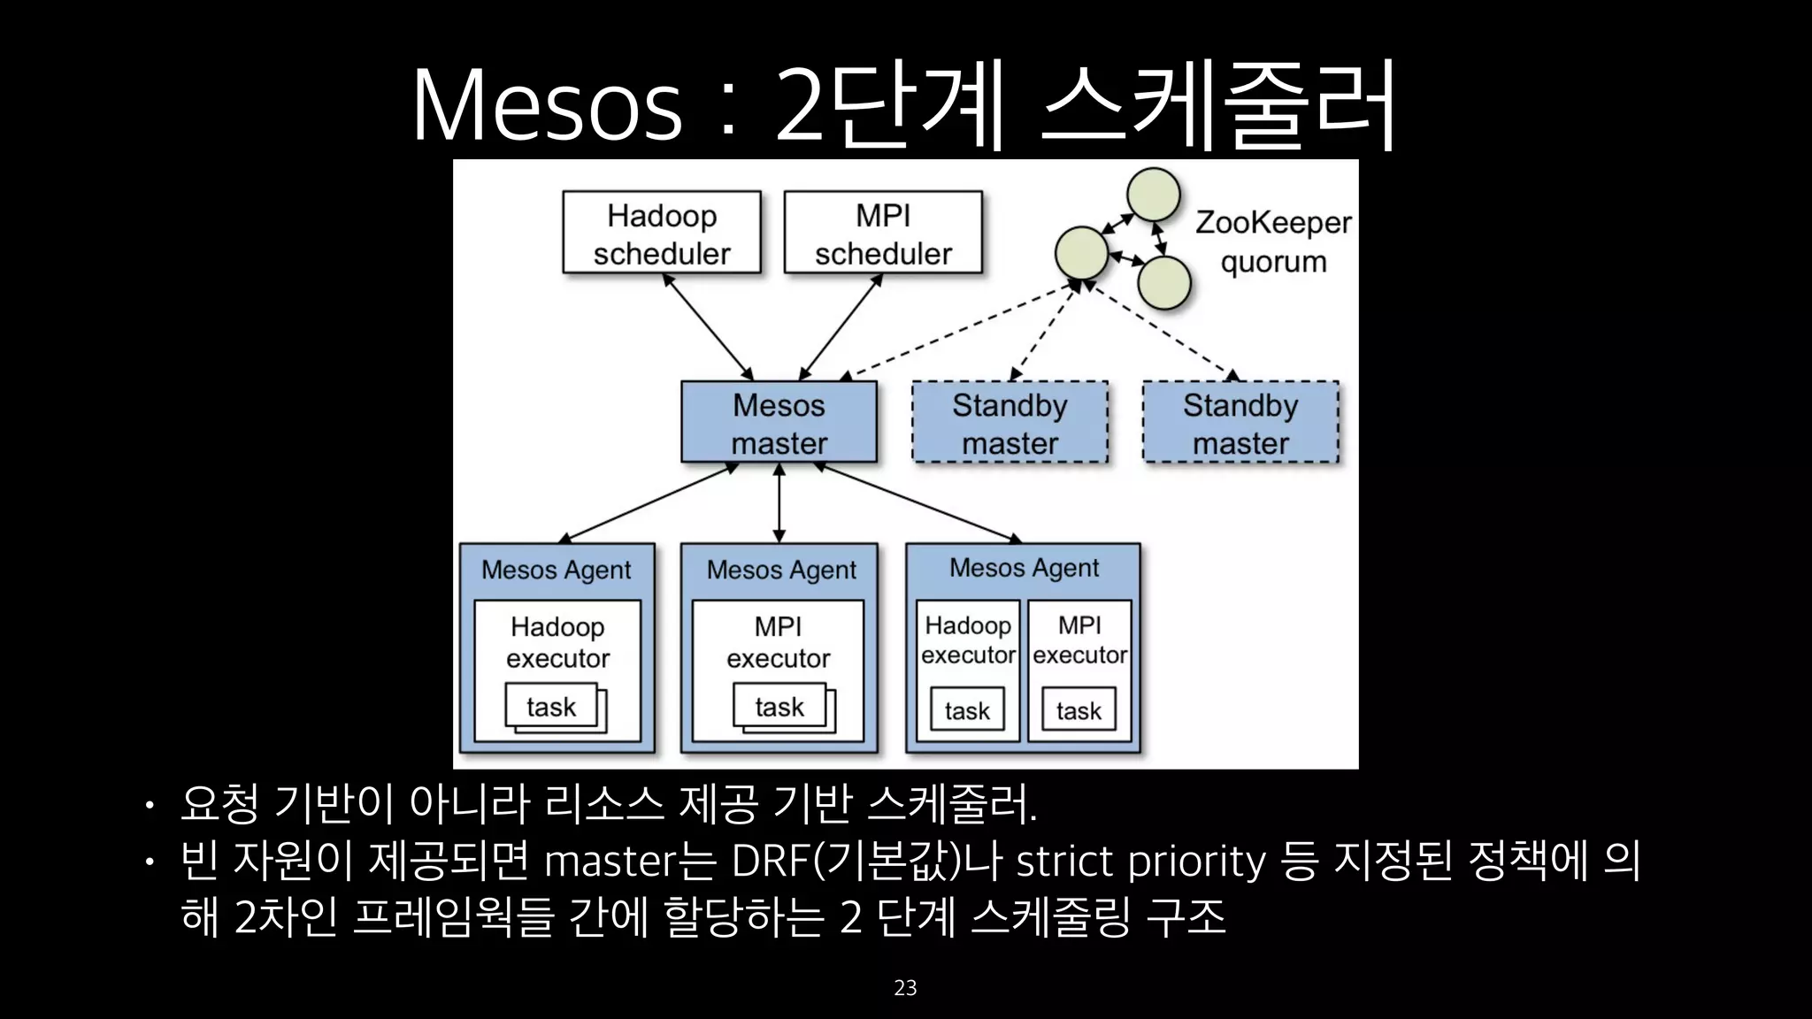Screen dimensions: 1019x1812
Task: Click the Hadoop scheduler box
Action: pyautogui.click(x=662, y=233)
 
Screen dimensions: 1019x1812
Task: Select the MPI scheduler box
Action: pyautogui.click(x=883, y=233)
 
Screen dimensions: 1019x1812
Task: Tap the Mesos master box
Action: pyautogui.click(x=779, y=423)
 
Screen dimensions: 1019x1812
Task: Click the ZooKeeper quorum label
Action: pyautogui.click(x=1273, y=241)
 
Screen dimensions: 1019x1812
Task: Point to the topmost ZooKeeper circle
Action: pyautogui.click(x=1153, y=195)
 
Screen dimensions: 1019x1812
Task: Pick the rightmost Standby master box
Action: pyautogui.click(x=1240, y=423)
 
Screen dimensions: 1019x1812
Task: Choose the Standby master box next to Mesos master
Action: pyautogui.click(x=1010, y=423)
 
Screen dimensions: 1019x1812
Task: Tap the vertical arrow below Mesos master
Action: pyautogui.click(x=779, y=502)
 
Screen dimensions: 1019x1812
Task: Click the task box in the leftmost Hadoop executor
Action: pyautogui.click(x=551, y=707)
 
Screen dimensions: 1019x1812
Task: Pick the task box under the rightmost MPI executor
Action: pyautogui.click(x=1079, y=710)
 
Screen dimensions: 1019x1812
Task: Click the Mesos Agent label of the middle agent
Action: pyautogui.click(x=781, y=570)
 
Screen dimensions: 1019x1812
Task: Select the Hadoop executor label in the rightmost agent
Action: pyautogui.click(x=968, y=640)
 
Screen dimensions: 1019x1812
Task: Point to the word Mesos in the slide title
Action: pyautogui.click(x=547, y=106)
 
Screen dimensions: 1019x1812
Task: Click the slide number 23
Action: pyautogui.click(x=905, y=988)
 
